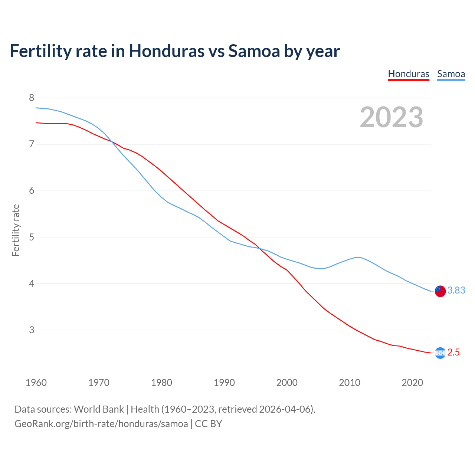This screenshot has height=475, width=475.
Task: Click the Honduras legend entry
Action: pos(409,74)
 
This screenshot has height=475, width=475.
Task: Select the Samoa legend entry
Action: pos(451,74)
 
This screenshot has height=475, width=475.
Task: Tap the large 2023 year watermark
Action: pos(392,117)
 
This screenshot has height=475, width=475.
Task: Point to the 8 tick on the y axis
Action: pos(32,98)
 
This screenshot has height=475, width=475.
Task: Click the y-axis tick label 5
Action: pos(32,237)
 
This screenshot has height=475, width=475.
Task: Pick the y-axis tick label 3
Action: pos(32,330)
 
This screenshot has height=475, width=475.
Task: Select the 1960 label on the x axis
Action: pos(36,383)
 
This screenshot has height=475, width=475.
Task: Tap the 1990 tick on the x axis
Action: pos(224,383)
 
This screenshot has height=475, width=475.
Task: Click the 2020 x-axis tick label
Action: pos(412,383)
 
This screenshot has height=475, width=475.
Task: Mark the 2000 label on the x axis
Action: pos(287,383)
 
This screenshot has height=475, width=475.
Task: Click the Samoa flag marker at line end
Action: pos(440,291)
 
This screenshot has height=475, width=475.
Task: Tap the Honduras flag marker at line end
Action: pos(440,353)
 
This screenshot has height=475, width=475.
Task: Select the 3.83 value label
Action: pos(456,290)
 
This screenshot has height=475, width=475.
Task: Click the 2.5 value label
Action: pos(453,352)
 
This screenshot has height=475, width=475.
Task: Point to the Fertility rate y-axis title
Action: pos(16,230)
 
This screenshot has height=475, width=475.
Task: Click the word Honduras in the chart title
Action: pos(167,51)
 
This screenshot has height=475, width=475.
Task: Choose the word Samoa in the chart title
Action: pos(254,51)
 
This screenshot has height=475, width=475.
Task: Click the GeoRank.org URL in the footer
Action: pos(101,424)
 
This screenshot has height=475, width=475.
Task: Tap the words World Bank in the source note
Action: pos(99,409)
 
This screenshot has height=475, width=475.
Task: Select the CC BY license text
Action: pos(209,424)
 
